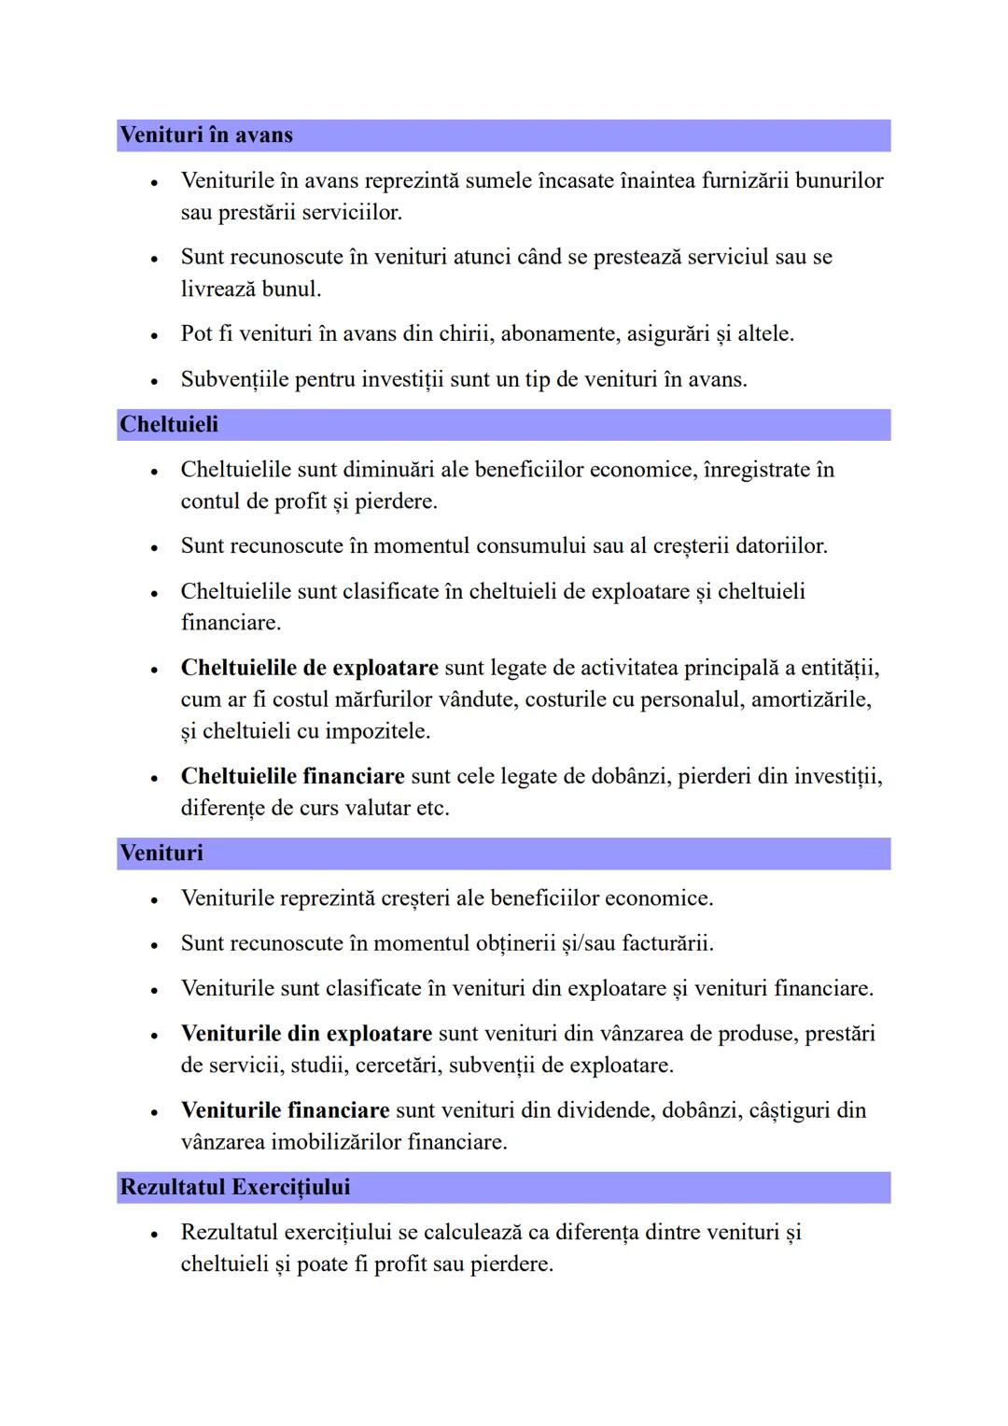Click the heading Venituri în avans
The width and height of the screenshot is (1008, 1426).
tap(206, 135)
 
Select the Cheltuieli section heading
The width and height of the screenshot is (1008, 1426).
tap(169, 425)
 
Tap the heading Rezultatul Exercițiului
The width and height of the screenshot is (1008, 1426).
tap(235, 1188)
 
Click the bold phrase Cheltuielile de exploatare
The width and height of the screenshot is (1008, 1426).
tap(309, 669)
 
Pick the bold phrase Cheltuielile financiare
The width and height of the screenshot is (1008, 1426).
tap(292, 777)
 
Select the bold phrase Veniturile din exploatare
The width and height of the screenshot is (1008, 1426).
tap(306, 1034)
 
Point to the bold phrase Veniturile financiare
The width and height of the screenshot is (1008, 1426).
tap(285, 1110)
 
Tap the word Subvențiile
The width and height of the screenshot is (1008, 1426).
tap(234, 380)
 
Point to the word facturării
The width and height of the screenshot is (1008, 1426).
tap(666, 943)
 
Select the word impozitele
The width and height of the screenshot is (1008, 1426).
tap(377, 731)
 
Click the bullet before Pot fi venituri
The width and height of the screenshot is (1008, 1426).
tap(154, 335)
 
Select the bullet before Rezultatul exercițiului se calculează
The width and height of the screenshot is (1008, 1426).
tap(154, 1235)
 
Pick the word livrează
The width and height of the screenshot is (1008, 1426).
tap(217, 289)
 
